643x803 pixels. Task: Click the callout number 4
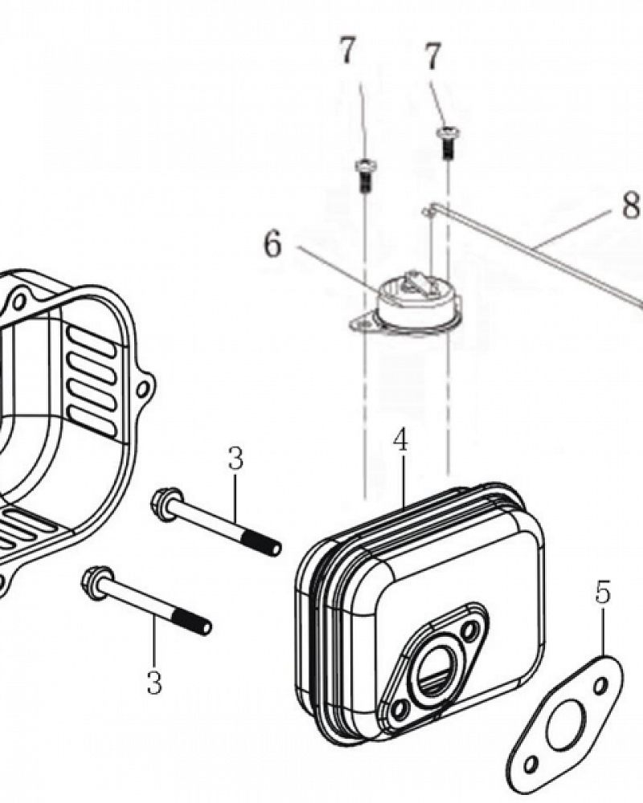click(400, 441)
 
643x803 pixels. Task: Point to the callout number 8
click(630, 206)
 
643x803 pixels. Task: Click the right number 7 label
click(432, 57)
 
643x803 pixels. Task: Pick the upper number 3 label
click(235, 459)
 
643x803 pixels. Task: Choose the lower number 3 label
click(154, 682)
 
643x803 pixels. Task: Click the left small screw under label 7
click(363, 175)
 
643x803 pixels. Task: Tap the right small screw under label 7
click(448, 142)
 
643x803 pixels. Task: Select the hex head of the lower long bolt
click(97, 583)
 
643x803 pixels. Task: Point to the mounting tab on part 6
click(363, 323)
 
